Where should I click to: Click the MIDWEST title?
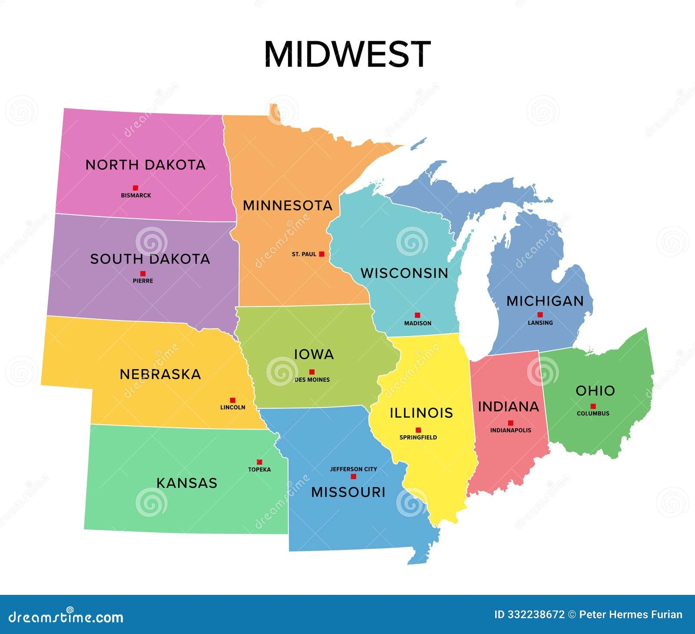tap(347, 54)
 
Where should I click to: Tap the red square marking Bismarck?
tap(136, 188)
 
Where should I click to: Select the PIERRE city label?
tap(143, 281)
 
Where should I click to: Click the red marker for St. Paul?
tap(321, 254)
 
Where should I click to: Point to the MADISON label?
tap(417, 323)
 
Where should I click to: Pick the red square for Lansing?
tap(540, 314)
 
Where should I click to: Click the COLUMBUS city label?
tap(593, 414)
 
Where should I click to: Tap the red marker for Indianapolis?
tap(511, 423)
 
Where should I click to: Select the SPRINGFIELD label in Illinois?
tap(418, 437)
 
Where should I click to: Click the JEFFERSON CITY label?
tap(353, 469)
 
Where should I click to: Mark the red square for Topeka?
tap(259, 462)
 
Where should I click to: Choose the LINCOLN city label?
tap(233, 407)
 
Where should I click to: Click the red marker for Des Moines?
tap(311, 372)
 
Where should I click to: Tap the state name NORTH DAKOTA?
tap(145, 165)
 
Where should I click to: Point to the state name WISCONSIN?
tap(404, 273)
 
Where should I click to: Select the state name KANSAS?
tap(187, 483)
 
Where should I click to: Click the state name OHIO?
tap(595, 390)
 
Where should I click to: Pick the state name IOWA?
tap(314, 354)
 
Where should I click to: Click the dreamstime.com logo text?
tap(66, 617)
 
